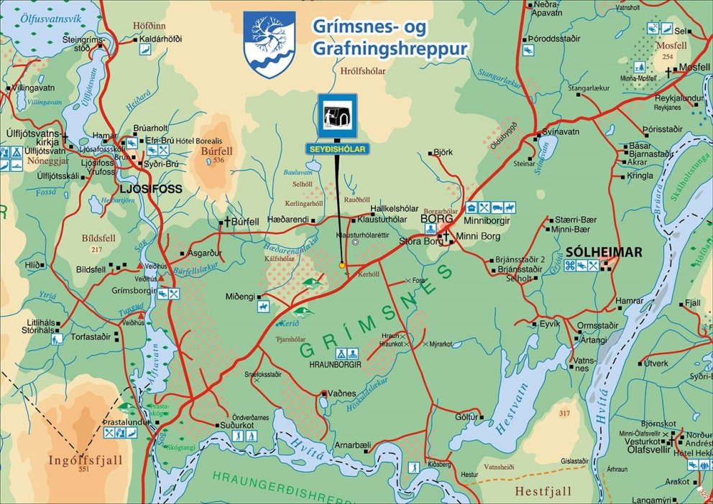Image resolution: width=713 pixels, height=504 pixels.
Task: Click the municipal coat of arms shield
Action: (269, 44)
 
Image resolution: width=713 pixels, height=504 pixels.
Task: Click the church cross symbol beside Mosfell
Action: (669, 72)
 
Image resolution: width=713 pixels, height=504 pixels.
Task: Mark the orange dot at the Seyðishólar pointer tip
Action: (342, 265)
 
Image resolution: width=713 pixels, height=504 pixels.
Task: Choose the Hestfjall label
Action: (543, 491)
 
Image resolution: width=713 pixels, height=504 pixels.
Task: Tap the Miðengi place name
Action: (240, 297)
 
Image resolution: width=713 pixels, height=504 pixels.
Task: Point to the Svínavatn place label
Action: (561, 132)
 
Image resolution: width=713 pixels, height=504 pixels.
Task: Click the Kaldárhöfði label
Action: (162, 39)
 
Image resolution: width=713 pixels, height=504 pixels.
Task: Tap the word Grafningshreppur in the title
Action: (390, 49)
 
